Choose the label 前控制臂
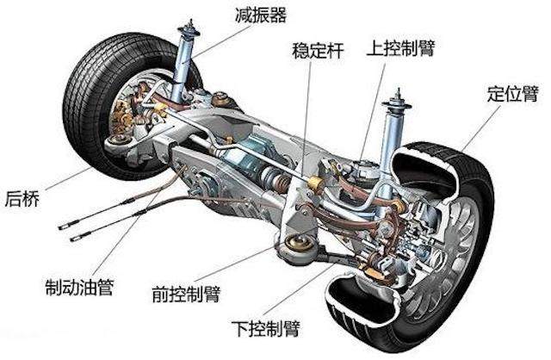point(186,295)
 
